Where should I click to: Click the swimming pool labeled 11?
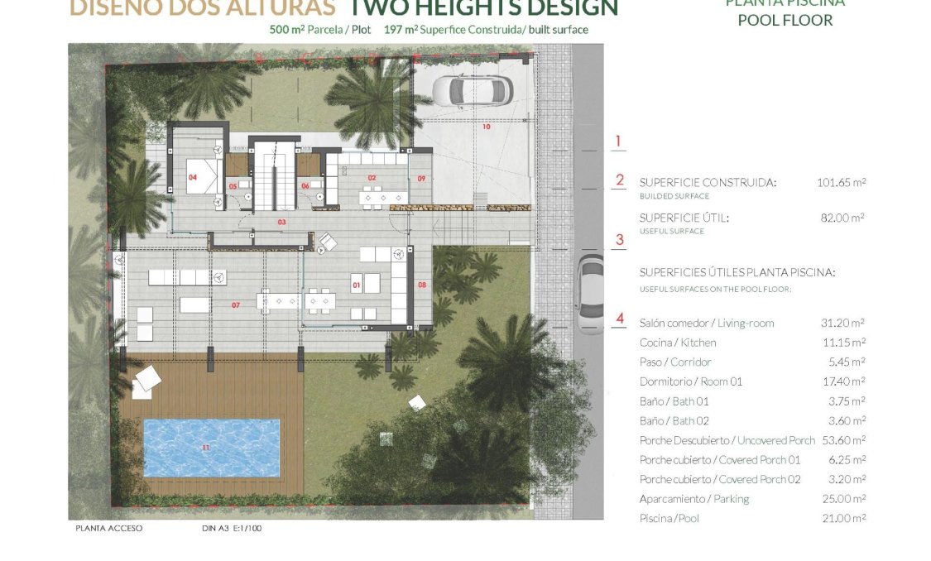(x=212, y=448)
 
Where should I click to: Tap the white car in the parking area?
(x=470, y=91)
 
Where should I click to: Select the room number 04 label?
(x=192, y=177)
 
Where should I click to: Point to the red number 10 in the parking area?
(x=486, y=127)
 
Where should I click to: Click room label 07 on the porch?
(x=235, y=305)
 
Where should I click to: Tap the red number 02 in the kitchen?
(x=372, y=178)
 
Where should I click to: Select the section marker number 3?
(x=619, y=241)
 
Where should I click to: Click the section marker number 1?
(x=618, y=141)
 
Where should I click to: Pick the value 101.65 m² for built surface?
(x=841, y=182)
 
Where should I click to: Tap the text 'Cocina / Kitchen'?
(x=678, y=343)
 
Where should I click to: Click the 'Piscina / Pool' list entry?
(x=669, y=518)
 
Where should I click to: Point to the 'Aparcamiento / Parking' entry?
(x=693, y=499)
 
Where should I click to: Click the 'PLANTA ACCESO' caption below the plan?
(x=108, y=528)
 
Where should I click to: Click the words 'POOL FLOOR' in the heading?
(x=785, y=20)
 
